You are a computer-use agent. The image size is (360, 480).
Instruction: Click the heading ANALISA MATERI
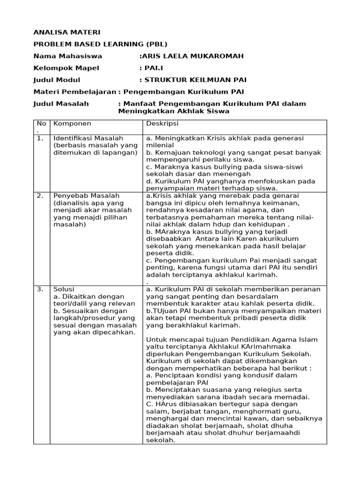67,32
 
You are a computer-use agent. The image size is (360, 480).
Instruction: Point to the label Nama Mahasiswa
67,56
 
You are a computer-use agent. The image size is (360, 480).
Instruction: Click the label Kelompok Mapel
66,68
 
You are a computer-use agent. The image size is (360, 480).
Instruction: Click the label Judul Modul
57,80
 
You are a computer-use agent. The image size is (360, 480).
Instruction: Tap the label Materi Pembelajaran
75,92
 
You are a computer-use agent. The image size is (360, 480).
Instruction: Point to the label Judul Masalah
61,104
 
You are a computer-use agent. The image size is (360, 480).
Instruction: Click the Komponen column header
72,124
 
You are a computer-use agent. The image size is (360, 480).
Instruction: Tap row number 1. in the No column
40,138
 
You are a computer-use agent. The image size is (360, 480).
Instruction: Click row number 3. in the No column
40,289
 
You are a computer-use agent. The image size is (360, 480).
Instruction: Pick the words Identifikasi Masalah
88,138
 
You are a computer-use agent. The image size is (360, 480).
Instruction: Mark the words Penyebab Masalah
86,195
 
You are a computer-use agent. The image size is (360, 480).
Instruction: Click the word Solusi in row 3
64,289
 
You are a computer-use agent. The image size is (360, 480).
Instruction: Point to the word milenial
160,145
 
